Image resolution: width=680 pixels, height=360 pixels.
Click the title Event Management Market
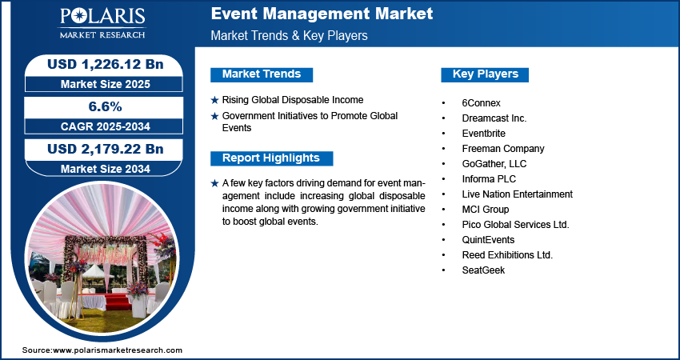point(322,14)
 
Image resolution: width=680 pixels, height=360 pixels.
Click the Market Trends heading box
point(262,74)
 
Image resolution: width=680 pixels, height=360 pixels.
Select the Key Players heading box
point(485,74)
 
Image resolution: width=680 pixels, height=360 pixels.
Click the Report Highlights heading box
point(270,158)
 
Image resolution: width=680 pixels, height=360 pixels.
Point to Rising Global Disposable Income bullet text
point(293,100)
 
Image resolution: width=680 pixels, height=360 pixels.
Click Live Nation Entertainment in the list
point(517,194)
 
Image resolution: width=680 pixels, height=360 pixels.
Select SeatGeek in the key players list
point(483,270)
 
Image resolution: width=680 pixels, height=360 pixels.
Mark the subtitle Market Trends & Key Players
point(290,36)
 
